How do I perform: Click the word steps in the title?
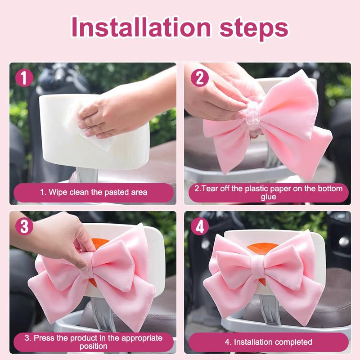pos(254,28)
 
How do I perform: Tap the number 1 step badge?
pos(24,77)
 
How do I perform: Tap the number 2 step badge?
pos(200,77)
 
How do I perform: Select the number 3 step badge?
pos(24,226)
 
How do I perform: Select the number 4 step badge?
pos(200,226)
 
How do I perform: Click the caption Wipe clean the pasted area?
pos(93,192)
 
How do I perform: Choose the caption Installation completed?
pos(268,342)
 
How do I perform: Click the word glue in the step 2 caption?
pos(268,197)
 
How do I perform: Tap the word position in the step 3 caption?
pos(93,346)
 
